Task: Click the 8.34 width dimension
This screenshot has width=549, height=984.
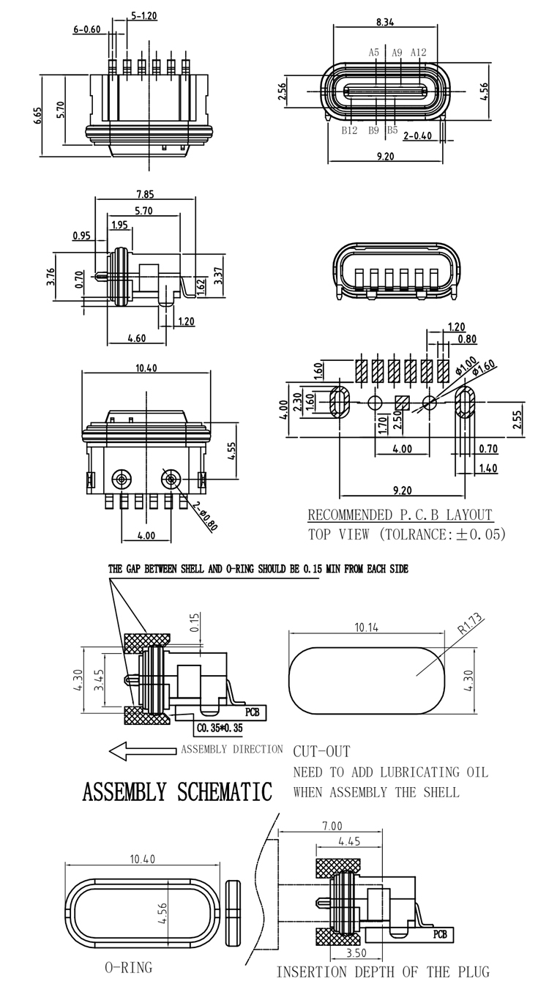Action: click(x=385, y=22)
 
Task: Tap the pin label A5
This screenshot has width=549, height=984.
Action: click(x=373, y=53)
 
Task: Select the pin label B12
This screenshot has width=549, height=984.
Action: click(x=350, y=130)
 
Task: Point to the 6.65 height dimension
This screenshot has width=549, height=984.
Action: click(x=39, y=116)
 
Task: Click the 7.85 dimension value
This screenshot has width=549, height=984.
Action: click(x=145, y=194)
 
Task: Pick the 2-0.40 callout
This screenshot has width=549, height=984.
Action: click(x=417, y=135)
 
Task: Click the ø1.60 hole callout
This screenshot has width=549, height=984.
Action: click(x=484, y=368)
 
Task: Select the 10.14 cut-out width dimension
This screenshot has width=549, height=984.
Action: click(x=366, y=627)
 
